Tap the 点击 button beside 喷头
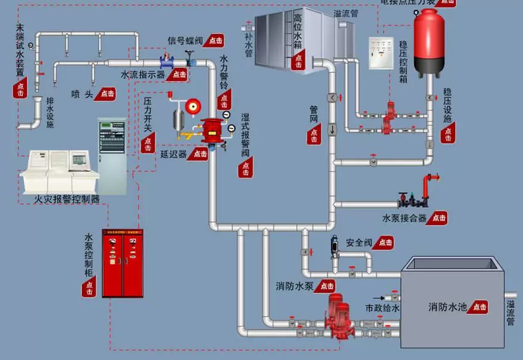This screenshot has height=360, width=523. [107, 94]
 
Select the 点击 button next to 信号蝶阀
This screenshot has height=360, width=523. [214, 40]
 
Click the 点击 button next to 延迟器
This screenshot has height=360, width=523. [200, 154]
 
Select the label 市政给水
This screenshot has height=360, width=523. [383, 308]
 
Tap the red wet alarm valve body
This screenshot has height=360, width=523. [212, 130]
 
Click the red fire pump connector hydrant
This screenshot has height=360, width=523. [429, 186]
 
